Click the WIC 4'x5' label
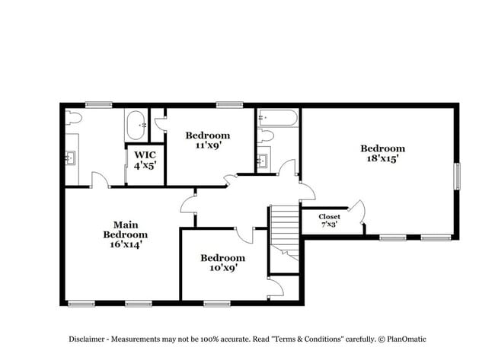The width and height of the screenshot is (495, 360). click(145, 159)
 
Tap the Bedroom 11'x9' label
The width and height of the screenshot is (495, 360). click(207, 140)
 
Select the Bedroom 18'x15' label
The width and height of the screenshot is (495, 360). click(382, 154)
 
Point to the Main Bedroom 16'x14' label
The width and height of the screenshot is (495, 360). click(125, 234)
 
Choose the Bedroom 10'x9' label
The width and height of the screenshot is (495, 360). click(223, 263)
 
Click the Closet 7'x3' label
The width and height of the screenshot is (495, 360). click(329, 221)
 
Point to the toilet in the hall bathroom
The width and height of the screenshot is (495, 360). click(265, 136)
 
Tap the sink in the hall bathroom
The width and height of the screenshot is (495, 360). click(263, 161)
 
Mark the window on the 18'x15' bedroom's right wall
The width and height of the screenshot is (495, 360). click(456, 177)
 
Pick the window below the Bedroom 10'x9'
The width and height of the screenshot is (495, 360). click(217, 303)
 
